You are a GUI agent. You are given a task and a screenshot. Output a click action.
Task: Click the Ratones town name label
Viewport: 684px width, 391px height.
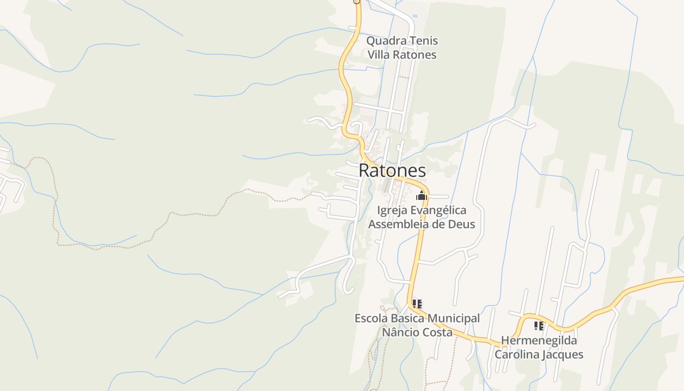click(392, 171)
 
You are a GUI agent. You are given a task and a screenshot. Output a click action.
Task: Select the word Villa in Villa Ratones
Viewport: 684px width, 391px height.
click(378, 55)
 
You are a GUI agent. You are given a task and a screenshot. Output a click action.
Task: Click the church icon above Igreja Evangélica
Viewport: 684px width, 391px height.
click(421, 196)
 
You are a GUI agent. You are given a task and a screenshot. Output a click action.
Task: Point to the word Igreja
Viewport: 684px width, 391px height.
click(392, 210)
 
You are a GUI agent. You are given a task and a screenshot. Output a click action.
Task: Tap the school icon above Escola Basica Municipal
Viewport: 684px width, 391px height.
click(417, 304)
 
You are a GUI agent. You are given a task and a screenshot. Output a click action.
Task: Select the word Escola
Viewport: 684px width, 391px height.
click(370, 319)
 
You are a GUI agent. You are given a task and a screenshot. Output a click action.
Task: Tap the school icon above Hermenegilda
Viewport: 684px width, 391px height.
click(539, 326)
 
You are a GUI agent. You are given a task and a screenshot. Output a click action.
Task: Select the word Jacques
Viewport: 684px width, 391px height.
click(565, 354)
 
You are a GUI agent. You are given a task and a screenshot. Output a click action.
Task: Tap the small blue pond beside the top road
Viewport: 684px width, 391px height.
click(415, 16)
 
